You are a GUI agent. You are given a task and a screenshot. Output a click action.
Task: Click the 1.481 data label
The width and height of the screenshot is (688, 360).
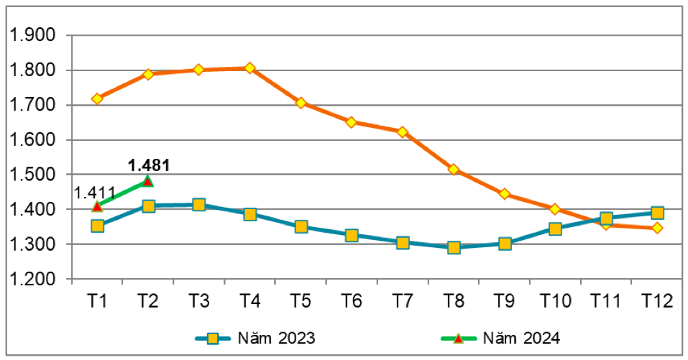click(x=149, y=165)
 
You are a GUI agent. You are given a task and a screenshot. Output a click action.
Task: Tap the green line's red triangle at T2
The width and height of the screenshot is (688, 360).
click(x=148, y=181)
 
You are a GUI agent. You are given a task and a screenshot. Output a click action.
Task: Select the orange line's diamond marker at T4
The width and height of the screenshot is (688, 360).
click(x=249, y=68)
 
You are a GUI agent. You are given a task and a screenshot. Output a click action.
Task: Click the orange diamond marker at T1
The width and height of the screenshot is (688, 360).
click(x=97, y=98)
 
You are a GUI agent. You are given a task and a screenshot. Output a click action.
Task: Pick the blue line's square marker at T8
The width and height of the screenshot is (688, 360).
click(x=454, y=248)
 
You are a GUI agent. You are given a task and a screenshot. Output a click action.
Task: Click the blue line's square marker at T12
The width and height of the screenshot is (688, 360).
click(x=657, y=213)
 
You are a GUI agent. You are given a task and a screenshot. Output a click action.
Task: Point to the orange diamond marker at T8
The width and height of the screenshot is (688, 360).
click(x=454, y=170)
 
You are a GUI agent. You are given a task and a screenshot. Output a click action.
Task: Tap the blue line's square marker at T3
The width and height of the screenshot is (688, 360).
click(x=199, y=206)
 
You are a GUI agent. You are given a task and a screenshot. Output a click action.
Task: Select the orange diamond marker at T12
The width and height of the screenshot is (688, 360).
click(x=657, y=229)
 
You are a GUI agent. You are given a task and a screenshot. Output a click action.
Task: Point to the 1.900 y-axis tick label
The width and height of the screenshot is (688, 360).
click(x=35, y=35)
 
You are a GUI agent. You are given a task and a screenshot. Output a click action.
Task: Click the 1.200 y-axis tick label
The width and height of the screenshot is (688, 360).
click(x=35, y=279)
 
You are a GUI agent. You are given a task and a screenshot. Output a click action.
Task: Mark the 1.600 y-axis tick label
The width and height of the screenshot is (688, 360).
click(x=35, y=140)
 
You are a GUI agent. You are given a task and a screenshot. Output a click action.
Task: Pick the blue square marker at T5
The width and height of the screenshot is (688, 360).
click(x=301, y=227)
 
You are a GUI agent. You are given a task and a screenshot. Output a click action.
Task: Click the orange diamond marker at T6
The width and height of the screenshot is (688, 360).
click(x=352, y=122)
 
